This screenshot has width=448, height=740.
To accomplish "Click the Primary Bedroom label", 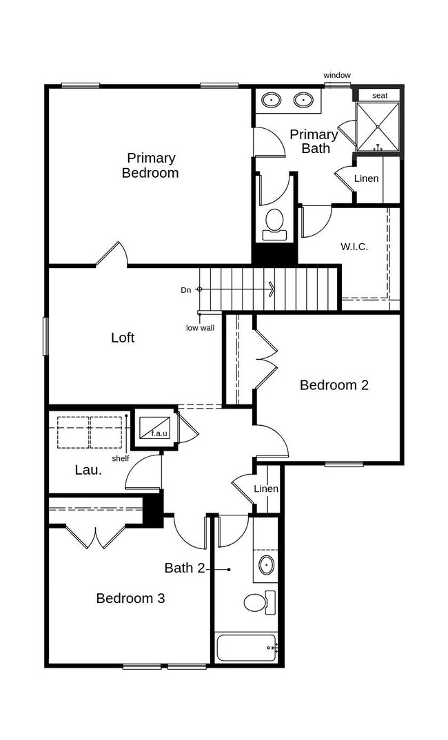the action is [x=150, y=165].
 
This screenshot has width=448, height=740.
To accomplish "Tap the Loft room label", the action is [x=123, y=338].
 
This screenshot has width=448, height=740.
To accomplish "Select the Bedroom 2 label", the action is [x=334, y=385].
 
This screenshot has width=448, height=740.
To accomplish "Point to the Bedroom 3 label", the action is [x=130, y=599].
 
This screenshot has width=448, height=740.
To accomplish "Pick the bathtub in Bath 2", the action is [x=247, y=648].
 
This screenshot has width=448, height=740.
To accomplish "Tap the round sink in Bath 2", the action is [x=267, y=565].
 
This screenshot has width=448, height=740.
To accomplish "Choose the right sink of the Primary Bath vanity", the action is [x=303, y=100].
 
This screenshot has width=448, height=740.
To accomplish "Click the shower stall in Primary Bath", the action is [x=377, y=127].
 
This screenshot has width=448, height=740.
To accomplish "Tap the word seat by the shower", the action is [x=380, y=96].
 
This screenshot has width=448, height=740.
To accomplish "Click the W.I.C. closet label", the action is [x=354, y=247].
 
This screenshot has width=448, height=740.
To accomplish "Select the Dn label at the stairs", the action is [x=186, y=290].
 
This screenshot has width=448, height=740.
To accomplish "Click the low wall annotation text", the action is [x=200, y=327].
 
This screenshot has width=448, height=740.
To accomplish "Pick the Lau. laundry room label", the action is [x=88, y=470].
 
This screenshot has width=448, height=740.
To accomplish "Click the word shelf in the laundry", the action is [x=121, y=458].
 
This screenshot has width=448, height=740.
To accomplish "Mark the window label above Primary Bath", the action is [x=337, y=75].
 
